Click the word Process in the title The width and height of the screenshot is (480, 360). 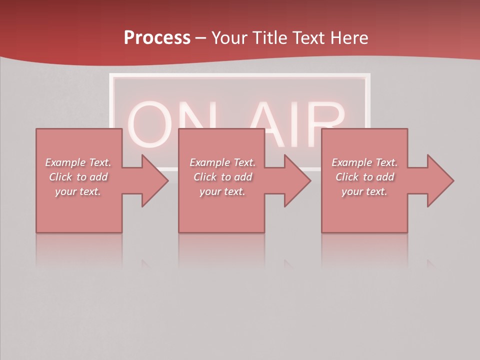tap(157, 38)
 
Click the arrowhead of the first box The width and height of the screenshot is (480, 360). tap(154, 180)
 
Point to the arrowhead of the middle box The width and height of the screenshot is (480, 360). tap(297, 180)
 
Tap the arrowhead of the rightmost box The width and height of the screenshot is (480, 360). tap(439, 180)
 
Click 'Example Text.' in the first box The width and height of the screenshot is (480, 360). tap(78, 162)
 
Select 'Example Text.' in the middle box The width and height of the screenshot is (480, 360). tap(222, 162)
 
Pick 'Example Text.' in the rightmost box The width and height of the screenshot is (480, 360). tap(364, 162)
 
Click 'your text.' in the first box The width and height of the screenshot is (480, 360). tap(78, 191)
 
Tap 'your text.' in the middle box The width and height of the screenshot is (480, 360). tap(222, 191)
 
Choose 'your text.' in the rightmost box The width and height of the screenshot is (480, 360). tap(364, 191)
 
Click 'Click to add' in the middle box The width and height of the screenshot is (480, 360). tap(222, 177)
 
